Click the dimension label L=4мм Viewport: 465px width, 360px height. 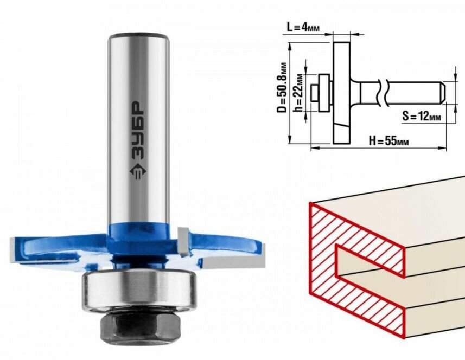click(x=303, y=28)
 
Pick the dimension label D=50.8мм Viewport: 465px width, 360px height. click(x=282, y=87)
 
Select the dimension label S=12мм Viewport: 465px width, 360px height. click(x=422, y=116)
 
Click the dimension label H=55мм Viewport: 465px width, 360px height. click(x=389, y=140)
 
